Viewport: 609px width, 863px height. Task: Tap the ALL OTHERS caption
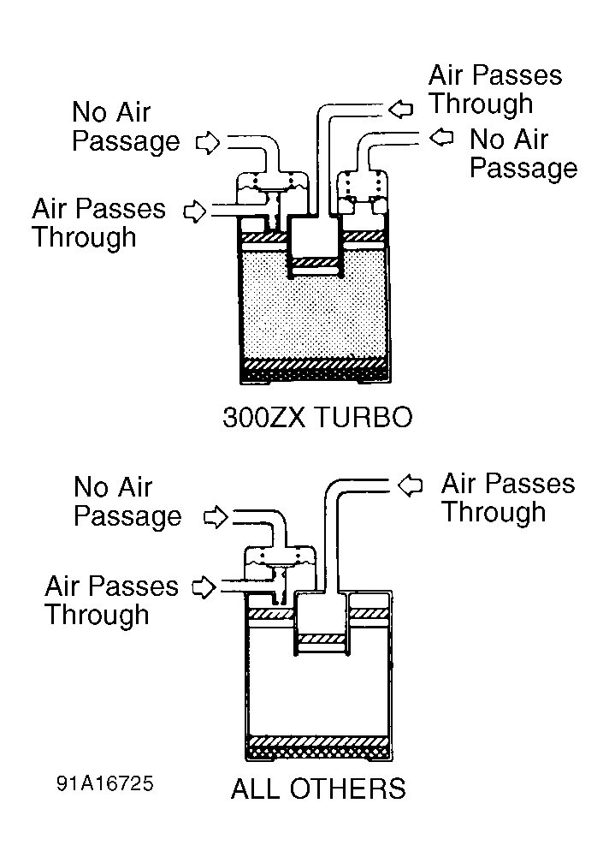[x=318, y=788]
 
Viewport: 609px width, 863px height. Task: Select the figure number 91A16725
[x=106, y=784]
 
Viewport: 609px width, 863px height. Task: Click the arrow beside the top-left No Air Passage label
[x=208, y=142]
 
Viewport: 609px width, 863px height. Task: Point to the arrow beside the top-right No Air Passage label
[x=441, y=137]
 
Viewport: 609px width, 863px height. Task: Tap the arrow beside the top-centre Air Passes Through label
[x=400, y=108]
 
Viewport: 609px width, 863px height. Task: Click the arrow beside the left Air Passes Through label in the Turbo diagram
[x=196, y=210]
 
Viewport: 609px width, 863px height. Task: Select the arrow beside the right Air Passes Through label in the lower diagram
[x=411, y=485]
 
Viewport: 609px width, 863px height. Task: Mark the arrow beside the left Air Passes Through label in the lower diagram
[x=202, y=587]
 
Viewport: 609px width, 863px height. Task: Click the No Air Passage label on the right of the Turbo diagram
[x=523, y=153]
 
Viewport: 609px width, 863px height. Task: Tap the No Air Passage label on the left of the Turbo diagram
[x=125, y=127]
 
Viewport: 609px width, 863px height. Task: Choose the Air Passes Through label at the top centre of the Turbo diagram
[x=494, y=89]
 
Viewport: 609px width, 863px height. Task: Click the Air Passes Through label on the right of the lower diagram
[x=507, y=498]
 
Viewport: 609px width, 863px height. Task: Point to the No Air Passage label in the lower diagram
[x=127, y=502]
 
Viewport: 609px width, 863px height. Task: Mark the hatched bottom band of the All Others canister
[x=318, y=741]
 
